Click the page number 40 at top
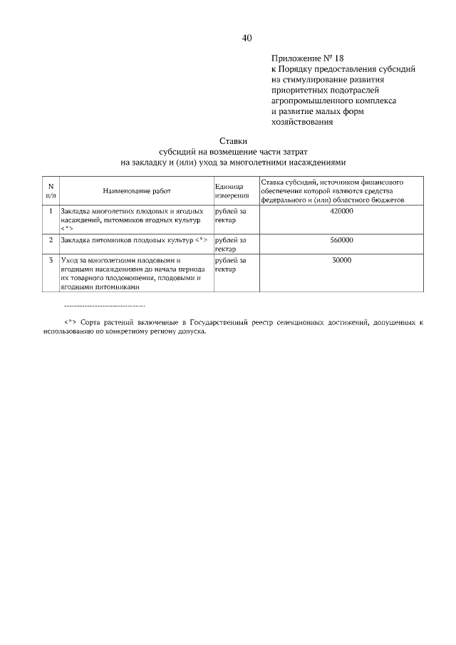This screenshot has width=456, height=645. [x=247, y=38]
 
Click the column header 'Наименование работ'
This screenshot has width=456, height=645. [x=137, y=191]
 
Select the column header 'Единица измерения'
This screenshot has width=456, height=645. [x=232, y=191]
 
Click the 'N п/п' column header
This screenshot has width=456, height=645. [x=51, y=191]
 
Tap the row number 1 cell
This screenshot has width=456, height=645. [x=51, y=212]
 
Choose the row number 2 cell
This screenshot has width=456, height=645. [x=51, y=240]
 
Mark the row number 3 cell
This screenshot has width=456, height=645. [x=51, y=261]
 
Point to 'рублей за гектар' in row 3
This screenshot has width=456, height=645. [x=230, y=265]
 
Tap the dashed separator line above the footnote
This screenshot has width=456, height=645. [x=105, y=305]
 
